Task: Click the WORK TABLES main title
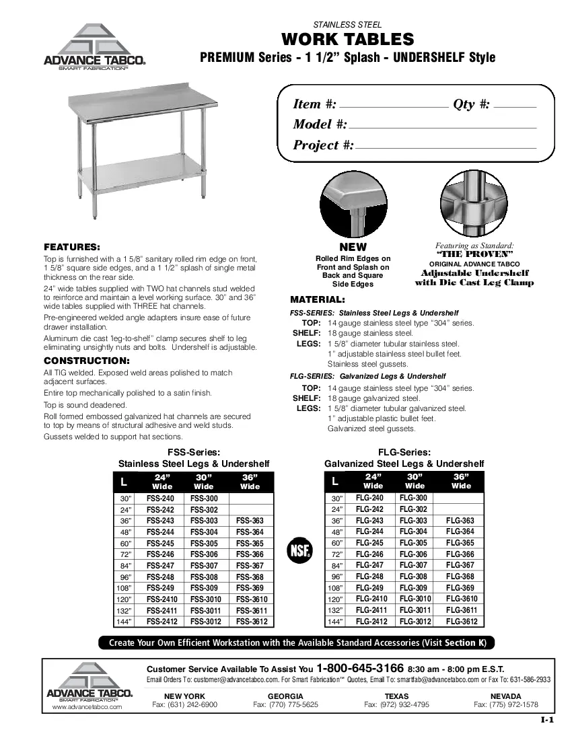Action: [x=347, y=38]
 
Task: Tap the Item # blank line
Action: [x=395, y=106]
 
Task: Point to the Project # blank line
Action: [x=445, y=147]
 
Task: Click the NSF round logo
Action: [x=299, y=550]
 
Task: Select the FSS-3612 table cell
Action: [x=251, y=622]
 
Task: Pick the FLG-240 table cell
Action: [x=369, y=498]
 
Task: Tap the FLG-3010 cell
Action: [x=415, y=599]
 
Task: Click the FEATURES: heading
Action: [x=72, y=246]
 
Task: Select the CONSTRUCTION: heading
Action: [x=86, y=361]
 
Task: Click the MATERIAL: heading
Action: [x=317, y=299]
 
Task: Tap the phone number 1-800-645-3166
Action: [x=360, y=669]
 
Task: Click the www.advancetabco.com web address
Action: [x=87, y=708]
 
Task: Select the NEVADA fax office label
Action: [x=505, y=696]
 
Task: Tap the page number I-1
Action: [x=546, y=720]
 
